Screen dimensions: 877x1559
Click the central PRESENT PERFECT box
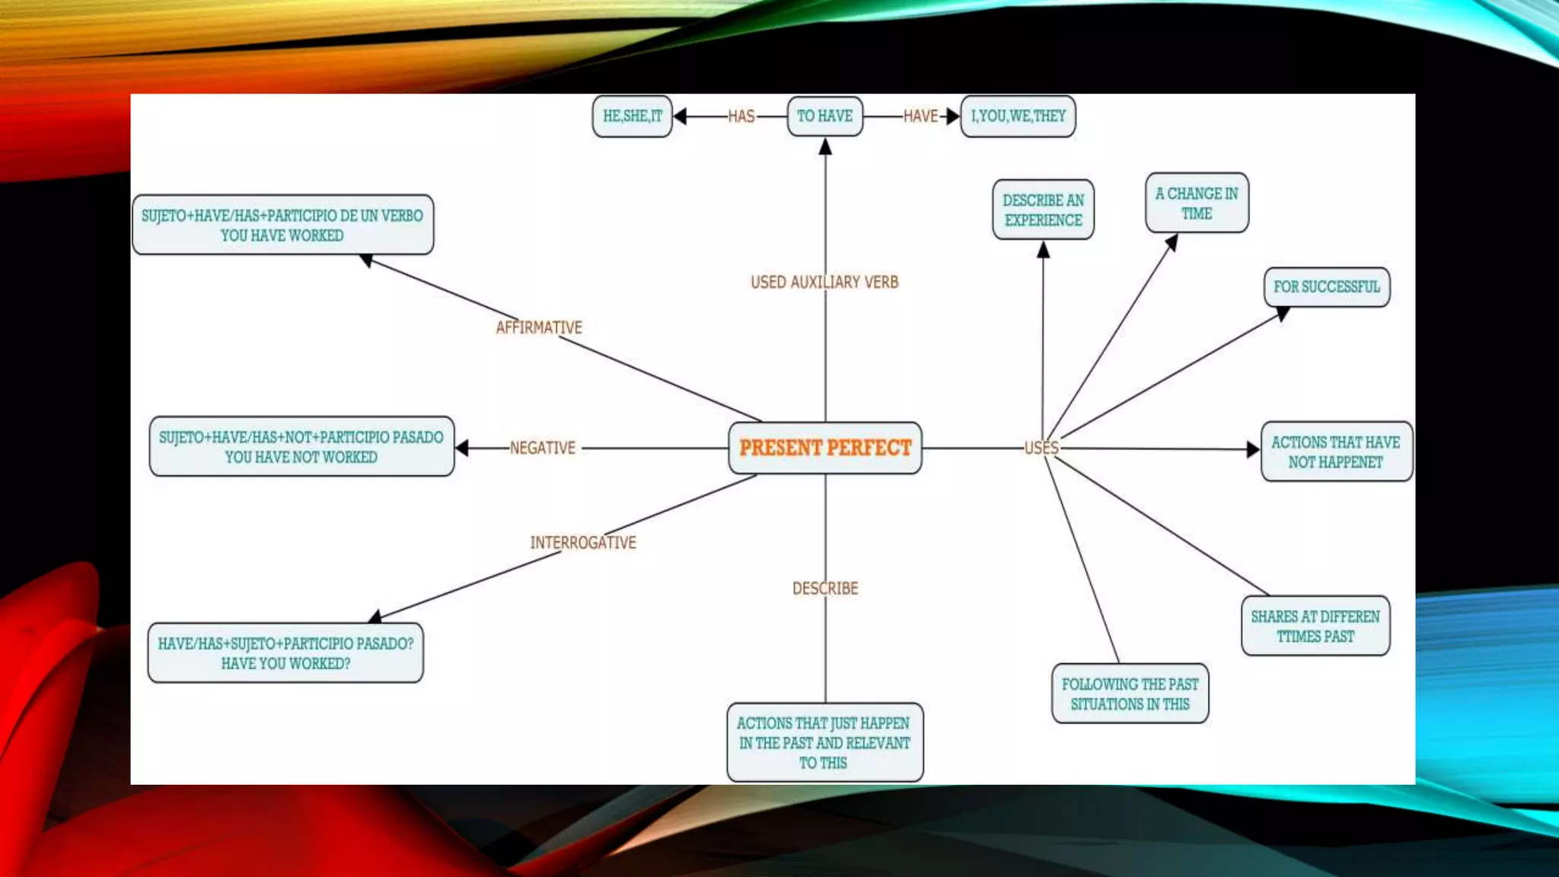(825, 448)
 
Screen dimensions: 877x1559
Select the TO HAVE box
(824, 116)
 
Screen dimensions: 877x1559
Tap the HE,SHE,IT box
(632, 116)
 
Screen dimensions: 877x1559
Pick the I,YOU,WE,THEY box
(1018, 116)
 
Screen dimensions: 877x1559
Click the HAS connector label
(741, 116)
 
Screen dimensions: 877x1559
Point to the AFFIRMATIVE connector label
(539, 327)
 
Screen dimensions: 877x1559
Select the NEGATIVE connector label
(542, 448)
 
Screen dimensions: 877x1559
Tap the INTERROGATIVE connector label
(583, 543)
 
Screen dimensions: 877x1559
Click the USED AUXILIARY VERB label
(824, 282)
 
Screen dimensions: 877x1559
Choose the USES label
(1041, 448)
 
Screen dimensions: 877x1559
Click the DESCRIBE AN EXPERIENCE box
(1043, 210)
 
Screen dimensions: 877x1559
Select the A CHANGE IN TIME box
(1197, 203)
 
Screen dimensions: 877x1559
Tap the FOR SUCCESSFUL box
(1326, 287)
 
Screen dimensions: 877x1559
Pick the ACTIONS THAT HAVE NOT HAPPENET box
(1336, 452)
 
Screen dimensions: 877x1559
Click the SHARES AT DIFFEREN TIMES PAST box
(1315, 626)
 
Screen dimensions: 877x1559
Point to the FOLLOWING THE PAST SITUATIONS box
(1130, 694)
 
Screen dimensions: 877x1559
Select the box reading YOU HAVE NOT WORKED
(301, 447)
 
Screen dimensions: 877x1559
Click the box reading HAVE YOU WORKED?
(285, 653)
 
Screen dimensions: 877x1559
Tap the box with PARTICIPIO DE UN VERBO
(282, 225)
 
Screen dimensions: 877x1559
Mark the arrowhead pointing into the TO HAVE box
(825, 147)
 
